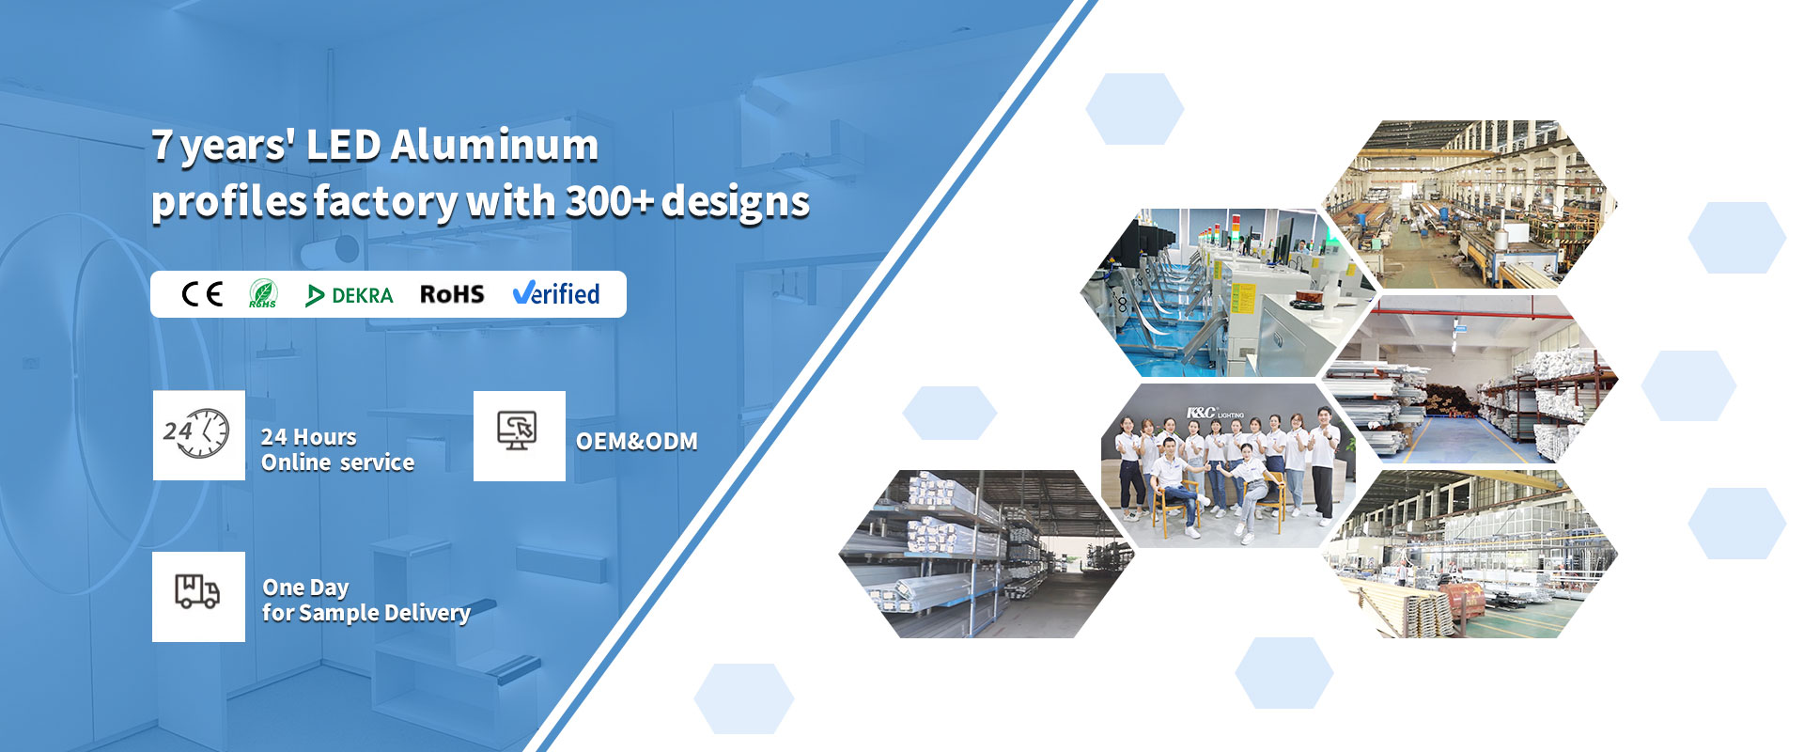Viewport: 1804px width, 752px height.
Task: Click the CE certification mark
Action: (202, 294)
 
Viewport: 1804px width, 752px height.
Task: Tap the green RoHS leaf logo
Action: (263, 294)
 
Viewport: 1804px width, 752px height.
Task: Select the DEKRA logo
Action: (350, 295)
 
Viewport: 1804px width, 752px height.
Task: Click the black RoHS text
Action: (452, 294)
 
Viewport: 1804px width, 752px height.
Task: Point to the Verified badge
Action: (556, 293)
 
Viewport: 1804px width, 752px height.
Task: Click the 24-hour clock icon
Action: (197, 433)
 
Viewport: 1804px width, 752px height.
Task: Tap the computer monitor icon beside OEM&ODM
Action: (517, 431)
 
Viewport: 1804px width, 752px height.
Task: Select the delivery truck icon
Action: (197, 591)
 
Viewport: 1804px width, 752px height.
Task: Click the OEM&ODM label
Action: (637, 441)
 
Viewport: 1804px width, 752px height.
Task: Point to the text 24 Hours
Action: (309, 437)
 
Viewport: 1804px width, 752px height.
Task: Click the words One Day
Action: (306, 588)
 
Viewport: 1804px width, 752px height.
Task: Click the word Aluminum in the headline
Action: (494, 145)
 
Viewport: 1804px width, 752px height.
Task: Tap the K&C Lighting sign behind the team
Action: (1215, 413)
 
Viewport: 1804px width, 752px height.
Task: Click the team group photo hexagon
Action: (1229, 464)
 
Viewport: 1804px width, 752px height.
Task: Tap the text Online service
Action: (338, 462)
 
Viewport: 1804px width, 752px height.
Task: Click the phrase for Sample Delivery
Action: (366, 613)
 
